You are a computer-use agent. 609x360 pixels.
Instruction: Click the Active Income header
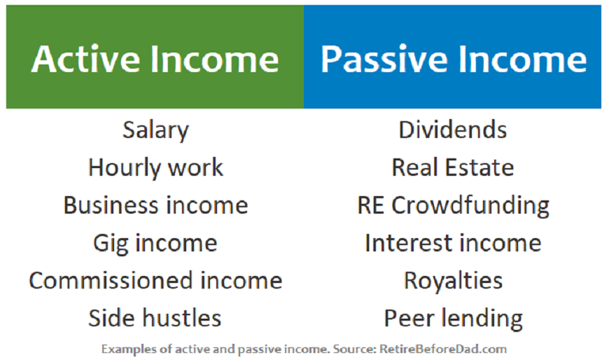click(155, 59)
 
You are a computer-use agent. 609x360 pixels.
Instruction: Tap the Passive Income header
click(454, 59)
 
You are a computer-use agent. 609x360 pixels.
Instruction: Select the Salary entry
click(155, 130)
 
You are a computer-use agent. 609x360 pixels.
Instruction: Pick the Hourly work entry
click(155, 168)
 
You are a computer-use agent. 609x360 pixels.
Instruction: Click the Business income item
click(155, 205)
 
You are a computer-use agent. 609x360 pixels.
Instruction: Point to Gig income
click(155, 244)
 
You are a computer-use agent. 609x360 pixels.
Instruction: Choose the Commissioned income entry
click(155, 280)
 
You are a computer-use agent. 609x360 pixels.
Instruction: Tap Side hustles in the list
click(155, 318)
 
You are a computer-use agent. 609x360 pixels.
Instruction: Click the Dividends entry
click(453, 130)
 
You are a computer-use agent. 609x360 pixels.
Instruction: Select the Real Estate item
click(453, 167)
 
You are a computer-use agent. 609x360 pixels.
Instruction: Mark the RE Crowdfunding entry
click(454, 206)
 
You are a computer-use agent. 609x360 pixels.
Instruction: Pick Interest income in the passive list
click(453, 243)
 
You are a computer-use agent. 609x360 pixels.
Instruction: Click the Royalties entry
click(453, 281)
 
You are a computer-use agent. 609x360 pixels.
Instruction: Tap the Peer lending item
click(454, 319)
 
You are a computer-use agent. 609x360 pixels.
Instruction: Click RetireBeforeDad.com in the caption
click(443, 349)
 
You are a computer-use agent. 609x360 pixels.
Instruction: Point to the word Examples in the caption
click(129, 349)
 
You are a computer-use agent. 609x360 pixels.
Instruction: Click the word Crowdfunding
click(470, 206)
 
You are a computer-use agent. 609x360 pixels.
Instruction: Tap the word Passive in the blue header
click(384, 59)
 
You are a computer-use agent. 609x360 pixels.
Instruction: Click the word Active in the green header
click(85, 59)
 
